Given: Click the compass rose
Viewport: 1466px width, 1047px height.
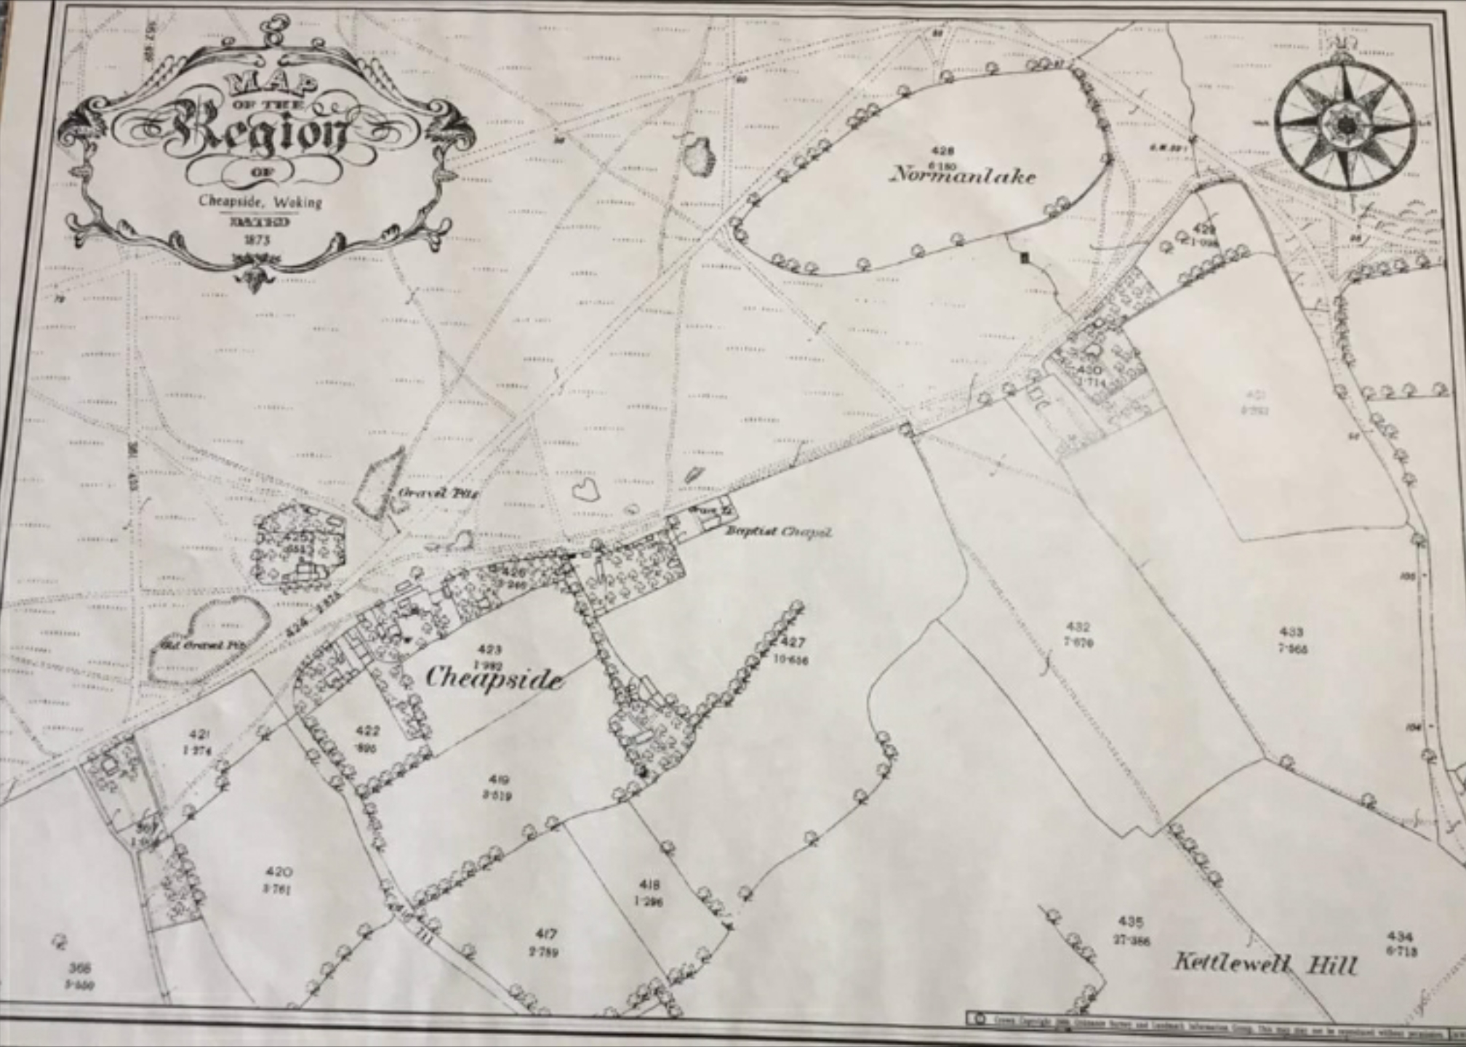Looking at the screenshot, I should (1345, 126).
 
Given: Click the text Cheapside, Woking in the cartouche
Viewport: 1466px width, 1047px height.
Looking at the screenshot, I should (260, 201).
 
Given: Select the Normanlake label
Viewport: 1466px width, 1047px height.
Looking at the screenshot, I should (963, 176).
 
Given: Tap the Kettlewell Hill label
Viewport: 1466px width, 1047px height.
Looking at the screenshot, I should (1265, 965).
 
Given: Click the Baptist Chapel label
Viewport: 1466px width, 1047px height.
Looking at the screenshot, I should (777, 532).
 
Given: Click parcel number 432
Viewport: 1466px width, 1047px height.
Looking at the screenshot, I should (1078, 626).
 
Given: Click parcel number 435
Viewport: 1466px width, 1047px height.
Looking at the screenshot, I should (1130, 922).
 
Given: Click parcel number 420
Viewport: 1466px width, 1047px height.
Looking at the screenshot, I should (279, 871).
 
